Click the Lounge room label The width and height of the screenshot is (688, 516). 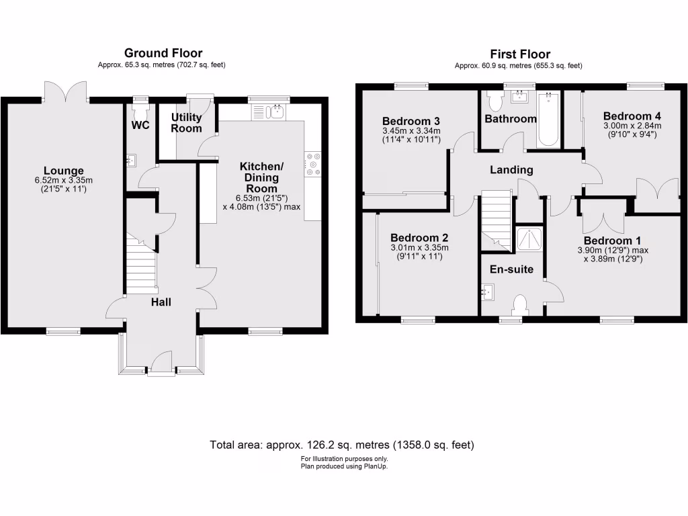click(64, 171)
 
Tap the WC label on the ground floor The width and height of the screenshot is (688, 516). click(140, 125)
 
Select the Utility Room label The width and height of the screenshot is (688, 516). click(186, 122)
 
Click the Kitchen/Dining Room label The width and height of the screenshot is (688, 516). click(262, 177)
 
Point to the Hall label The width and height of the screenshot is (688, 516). click(161, 302)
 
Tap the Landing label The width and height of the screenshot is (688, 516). click(511, 170)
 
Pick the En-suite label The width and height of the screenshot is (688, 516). click(511, 269)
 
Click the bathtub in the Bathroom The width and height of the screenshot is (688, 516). click(548, 120)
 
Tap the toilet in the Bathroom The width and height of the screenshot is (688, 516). click(497, 101)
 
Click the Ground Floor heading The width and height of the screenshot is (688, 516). click(163, 54)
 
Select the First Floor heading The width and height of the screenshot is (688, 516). click(521, 54)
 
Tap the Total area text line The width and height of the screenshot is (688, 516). click(343, 445)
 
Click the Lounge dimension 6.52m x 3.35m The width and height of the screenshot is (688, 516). click(64, 181)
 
